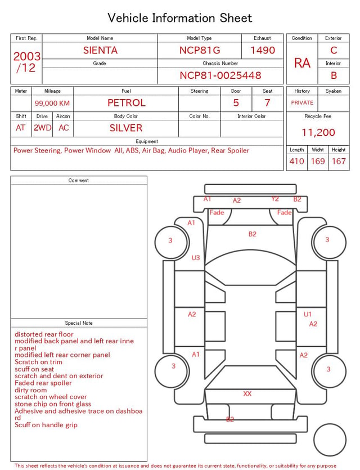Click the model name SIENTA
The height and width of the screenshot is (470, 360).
click(100, 50)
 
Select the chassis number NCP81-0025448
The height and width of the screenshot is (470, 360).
click(220, 75)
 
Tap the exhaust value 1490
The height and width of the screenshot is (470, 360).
click(263, 50)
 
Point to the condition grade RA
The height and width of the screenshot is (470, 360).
click(302, 63)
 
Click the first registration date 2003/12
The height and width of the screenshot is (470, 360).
click(26, 62)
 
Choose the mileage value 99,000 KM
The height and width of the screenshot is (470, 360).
click(52, 104)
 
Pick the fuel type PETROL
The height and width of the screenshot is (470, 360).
click(127, 103)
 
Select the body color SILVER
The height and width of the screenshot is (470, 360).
click(126, 128)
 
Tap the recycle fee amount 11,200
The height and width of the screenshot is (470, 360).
click(318, 132)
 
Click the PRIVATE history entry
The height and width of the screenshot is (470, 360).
click(302, 103)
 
